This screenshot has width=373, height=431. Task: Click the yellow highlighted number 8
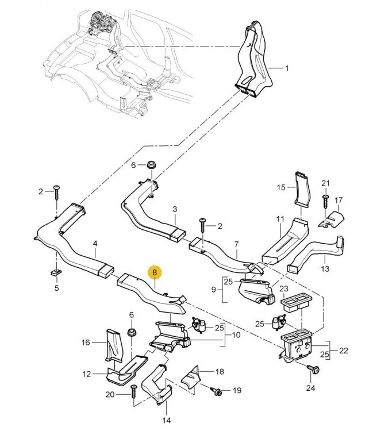pos(155,272)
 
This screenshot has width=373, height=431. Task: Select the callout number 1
pos(287,68)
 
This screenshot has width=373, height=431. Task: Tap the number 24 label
pos(310,388)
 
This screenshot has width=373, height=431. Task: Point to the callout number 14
pos(167,421)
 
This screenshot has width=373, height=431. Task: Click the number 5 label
pos(57,288)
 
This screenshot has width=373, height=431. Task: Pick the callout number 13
pos(325,268)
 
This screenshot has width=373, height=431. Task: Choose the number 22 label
pos(344,351)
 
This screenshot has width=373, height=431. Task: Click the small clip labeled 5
pos(56,272)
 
